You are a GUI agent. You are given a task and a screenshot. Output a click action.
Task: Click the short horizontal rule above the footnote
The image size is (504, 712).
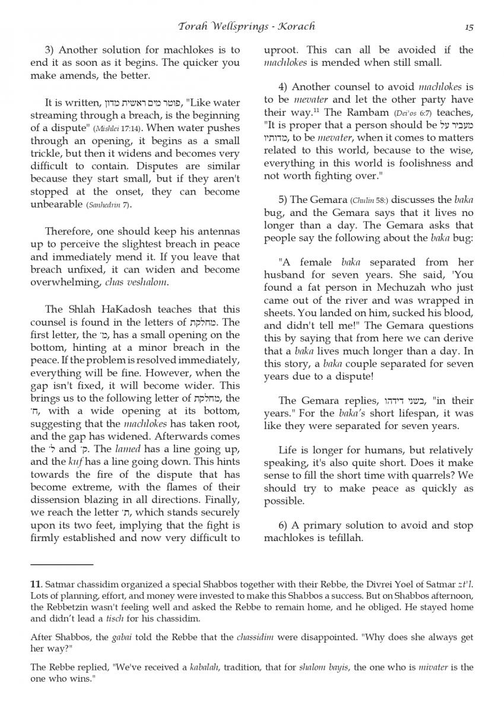click(62, 564)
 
